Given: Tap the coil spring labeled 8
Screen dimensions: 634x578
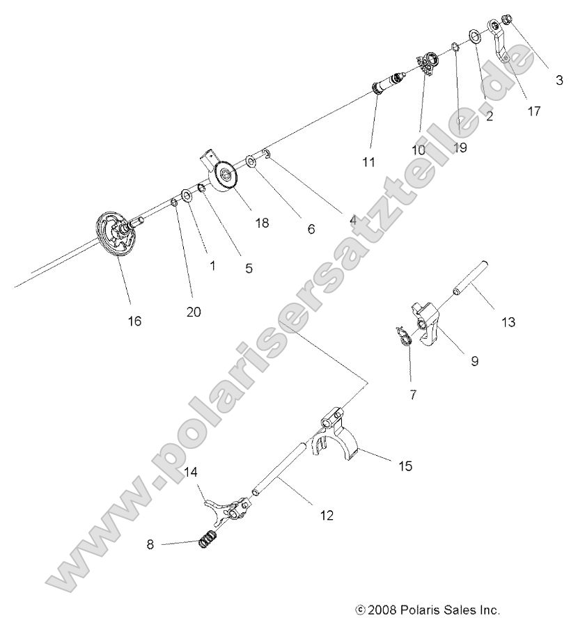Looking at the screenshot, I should click(x=207, y=538).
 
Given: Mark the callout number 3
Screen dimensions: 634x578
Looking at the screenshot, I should click(x=559, y=79).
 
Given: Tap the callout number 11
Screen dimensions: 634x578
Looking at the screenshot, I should click(x=368, y=162).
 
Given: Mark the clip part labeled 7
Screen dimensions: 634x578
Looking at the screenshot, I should click(x=403, y=337).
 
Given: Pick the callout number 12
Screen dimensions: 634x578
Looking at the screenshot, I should click(x=326, y=516).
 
